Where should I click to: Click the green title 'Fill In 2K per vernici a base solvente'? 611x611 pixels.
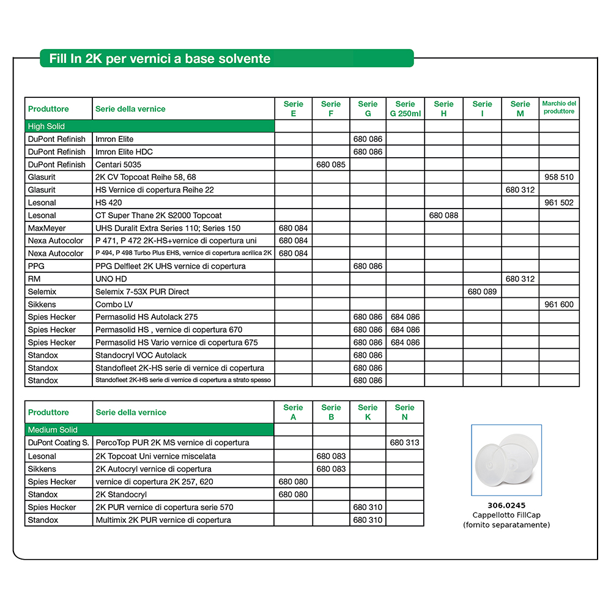[155, 59]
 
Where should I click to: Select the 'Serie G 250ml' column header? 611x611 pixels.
[405, 109]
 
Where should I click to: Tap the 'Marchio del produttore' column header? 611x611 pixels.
[558, 108]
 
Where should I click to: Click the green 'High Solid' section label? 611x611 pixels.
[46, 127]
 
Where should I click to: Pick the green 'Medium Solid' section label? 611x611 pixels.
[53, 430]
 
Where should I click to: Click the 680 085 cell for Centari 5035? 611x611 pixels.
[331, 165]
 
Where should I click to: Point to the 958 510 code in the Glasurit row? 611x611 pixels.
[558, 177]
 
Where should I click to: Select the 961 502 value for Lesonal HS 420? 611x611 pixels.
[558, 203]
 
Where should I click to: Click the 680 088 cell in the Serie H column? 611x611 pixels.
[443, 215]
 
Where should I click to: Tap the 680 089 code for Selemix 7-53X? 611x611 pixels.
[482, 292]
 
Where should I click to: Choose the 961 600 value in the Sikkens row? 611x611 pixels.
[558, 305]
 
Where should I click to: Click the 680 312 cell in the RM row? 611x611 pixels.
[520, 279]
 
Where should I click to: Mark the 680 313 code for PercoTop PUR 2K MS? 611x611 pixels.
[404, 443]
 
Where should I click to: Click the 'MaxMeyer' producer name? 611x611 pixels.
[46, 228]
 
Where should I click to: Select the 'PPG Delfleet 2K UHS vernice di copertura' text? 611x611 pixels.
[171, 266]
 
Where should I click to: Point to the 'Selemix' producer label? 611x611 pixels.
[42, 292]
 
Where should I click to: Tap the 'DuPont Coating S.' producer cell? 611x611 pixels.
[59, 443]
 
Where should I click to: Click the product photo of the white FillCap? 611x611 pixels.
[506, 460]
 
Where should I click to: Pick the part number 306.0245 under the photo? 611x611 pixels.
[506, 506]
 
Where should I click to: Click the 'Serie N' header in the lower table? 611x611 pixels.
[404, 412]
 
